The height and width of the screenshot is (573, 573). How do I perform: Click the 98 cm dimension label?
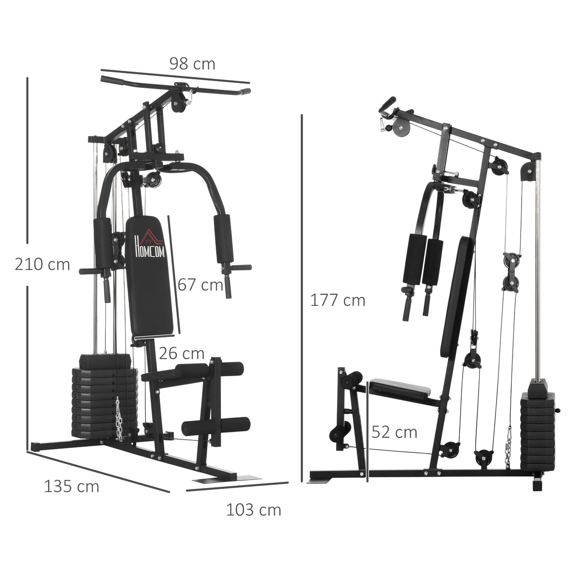(192, 64)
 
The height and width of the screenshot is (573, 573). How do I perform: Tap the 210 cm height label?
(42, 264)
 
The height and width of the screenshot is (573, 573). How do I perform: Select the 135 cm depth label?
(72, 486)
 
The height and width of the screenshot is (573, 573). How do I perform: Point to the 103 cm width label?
(253, 510)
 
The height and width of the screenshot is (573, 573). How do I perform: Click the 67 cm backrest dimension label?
(200, 285)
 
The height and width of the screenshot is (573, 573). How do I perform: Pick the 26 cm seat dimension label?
(181, 353)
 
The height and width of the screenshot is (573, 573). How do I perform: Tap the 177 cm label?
(337, 300)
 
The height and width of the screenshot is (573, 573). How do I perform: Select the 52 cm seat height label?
(394, 432)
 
